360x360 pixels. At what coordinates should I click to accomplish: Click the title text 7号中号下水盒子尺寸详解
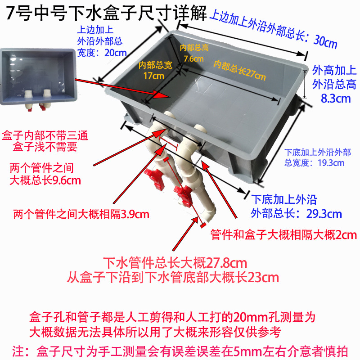point(106,13)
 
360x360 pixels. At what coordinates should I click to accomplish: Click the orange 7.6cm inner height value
point(192,58)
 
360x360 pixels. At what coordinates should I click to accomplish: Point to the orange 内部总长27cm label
point(239,69)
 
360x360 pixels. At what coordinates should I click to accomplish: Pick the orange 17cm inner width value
point(154,76)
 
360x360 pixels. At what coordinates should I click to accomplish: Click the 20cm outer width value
point(115,52)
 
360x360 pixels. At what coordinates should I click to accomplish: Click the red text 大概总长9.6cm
point(45,181)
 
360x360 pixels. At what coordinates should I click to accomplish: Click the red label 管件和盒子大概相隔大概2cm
point(283,234)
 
